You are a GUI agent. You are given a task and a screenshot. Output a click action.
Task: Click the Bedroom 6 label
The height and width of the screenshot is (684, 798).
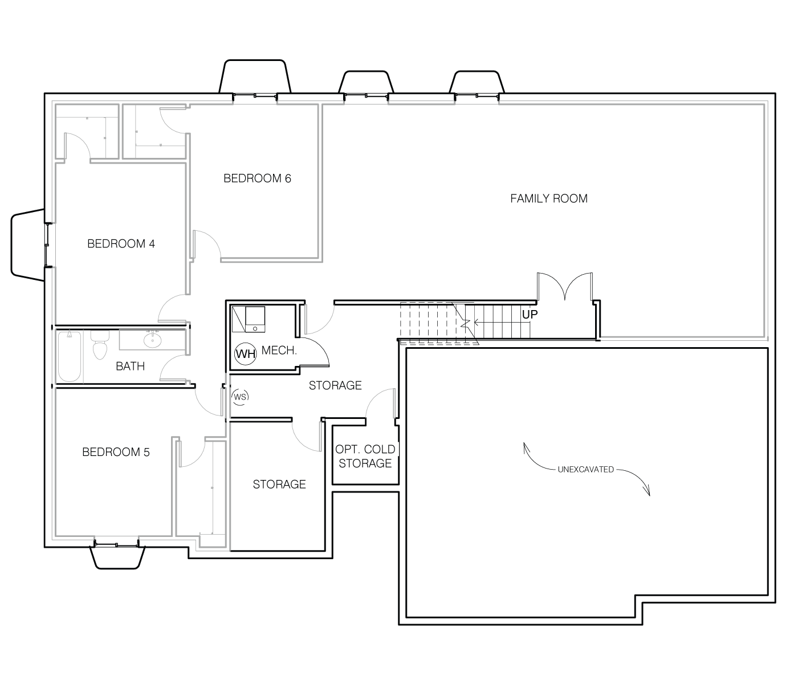pos(257,178)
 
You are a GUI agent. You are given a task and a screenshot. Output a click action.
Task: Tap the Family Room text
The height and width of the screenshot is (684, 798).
pos(548,198)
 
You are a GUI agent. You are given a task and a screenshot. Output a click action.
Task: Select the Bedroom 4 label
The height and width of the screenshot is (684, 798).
pos(121,243)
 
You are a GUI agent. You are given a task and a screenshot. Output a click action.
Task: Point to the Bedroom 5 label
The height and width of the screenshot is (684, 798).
pos(116,452)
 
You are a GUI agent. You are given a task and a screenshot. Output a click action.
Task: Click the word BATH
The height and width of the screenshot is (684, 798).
pos(130,366)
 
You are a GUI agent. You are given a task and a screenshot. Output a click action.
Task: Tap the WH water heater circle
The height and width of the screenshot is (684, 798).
pos(246,353)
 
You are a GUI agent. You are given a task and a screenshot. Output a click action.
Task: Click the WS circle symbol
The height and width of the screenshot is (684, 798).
pos(240,396)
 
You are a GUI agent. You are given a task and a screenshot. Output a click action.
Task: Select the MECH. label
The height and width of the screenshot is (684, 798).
pos(279,351)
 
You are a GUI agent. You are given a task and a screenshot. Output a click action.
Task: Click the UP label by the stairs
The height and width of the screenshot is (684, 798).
pos(530,315)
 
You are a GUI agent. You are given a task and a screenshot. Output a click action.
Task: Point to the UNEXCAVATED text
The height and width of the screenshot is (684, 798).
pos(585,469)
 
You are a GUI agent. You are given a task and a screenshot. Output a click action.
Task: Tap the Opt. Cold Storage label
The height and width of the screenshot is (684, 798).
pos(365,456)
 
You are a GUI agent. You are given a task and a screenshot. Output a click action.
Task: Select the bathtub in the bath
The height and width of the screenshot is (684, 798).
pos(70,356)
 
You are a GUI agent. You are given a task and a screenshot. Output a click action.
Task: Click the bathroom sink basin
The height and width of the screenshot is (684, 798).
pos(153,340)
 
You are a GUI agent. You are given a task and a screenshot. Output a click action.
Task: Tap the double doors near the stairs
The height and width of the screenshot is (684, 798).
pos(564,286)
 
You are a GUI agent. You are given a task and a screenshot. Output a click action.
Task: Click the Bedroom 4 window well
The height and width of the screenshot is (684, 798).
pos(27,245)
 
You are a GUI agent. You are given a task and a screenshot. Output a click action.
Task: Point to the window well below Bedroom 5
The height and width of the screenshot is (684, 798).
pos(117,557)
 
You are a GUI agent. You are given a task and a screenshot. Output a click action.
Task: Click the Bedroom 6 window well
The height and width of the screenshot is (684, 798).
pos(255,76)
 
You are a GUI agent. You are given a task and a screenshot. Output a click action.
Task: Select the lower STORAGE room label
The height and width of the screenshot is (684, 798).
pos(279,484)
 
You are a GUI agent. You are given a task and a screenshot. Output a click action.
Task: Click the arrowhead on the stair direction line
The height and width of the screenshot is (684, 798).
pos(476,322)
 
